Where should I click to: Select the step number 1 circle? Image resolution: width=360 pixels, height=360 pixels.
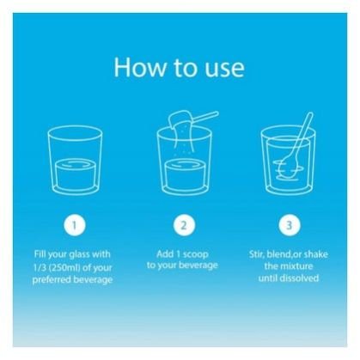(x=75, y=225)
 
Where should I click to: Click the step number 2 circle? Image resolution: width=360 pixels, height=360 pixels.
(x=184, y=225)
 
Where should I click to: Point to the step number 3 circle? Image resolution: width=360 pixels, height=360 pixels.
(x=290, y=225)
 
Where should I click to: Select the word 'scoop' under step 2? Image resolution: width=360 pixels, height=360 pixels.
(x=196, y=254)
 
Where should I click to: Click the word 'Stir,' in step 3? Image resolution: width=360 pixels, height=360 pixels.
(x=257, y=254)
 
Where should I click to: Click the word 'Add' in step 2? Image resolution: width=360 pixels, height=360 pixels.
(x=165, y=254)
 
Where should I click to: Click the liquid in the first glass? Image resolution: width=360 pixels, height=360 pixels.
(x=76, y=174)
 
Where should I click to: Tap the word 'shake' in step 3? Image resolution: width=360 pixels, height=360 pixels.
(x=316, y=254)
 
